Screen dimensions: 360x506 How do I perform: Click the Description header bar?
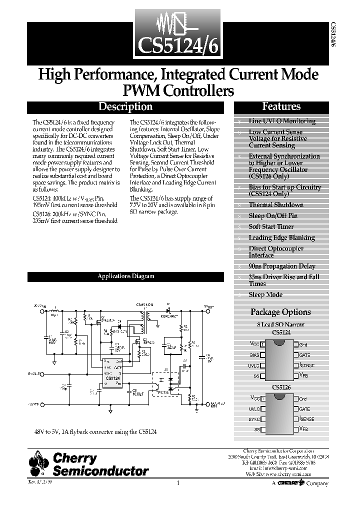point(125,106)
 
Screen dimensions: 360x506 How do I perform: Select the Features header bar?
point(281,106)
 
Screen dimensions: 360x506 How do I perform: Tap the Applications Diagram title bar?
point(125,276)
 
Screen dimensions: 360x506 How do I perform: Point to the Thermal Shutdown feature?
point(276,204)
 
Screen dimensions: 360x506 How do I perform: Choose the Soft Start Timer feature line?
point(271,226)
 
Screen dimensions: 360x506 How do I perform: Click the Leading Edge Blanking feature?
point(281,237)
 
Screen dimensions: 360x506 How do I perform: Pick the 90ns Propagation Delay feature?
point(282,266)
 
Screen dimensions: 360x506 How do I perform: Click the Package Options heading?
point(280,312)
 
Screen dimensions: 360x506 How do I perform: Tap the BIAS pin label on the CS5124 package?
point(254,354)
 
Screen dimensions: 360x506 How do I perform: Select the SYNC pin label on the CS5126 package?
point(254,418)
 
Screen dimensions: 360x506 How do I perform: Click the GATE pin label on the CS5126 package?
point(304,408)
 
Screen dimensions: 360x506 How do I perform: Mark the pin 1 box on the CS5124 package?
point(262,344)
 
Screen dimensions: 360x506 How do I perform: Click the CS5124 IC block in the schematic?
point(112,372)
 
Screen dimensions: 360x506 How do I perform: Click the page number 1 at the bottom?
point(178,483)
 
